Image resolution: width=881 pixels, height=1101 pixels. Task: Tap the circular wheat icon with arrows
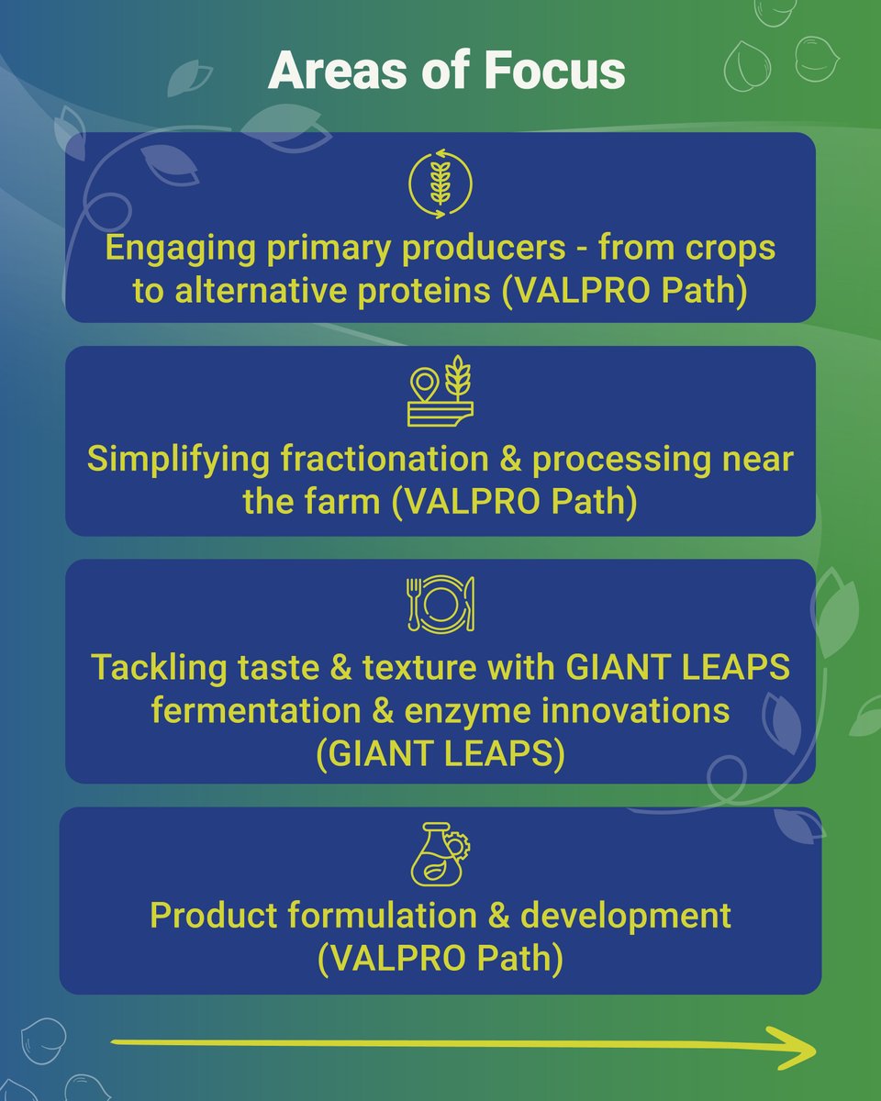tap(440, 183)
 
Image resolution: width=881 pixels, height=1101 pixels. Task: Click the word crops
tap(721, 248)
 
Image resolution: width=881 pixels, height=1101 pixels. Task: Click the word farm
tap(339, 503)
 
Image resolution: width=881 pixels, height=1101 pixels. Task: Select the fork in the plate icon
tap(413, 603)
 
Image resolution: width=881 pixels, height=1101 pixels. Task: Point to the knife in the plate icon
tap(469, 603)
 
